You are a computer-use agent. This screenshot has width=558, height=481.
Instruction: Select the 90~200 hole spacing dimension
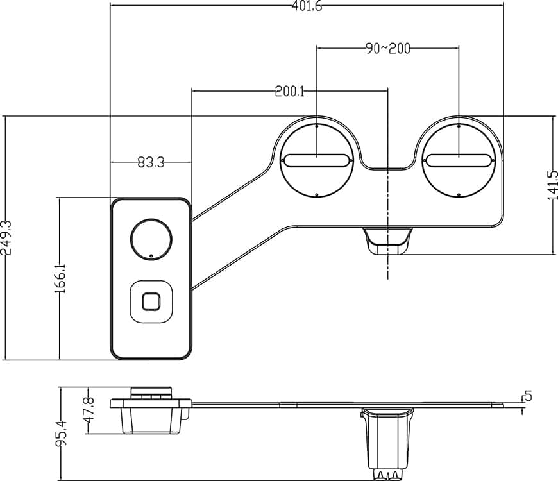[x=388, y=49]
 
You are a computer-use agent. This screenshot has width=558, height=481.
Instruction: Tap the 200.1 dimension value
[x=289, y=92]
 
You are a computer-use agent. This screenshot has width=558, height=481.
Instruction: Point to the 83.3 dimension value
[x=150, y=163]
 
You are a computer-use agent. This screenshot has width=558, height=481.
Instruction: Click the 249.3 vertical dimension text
[x=7, y=238]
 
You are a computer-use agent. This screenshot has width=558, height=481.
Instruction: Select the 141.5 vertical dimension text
[x=552, y=185]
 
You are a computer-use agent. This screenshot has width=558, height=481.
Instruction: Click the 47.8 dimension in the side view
[x=89, y=410]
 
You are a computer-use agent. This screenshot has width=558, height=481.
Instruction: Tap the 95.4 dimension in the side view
[x=62, y=433]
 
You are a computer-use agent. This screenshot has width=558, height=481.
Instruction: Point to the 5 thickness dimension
[x=527, y=396]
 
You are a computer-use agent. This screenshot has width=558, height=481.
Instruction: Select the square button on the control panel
[x=151, y=301]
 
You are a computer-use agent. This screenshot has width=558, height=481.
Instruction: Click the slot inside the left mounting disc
[x=317, y=160]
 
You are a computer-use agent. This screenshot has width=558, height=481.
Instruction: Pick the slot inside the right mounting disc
[x=459, y=160]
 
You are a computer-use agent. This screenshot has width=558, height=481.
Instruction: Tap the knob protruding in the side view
[x=151, y=391]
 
